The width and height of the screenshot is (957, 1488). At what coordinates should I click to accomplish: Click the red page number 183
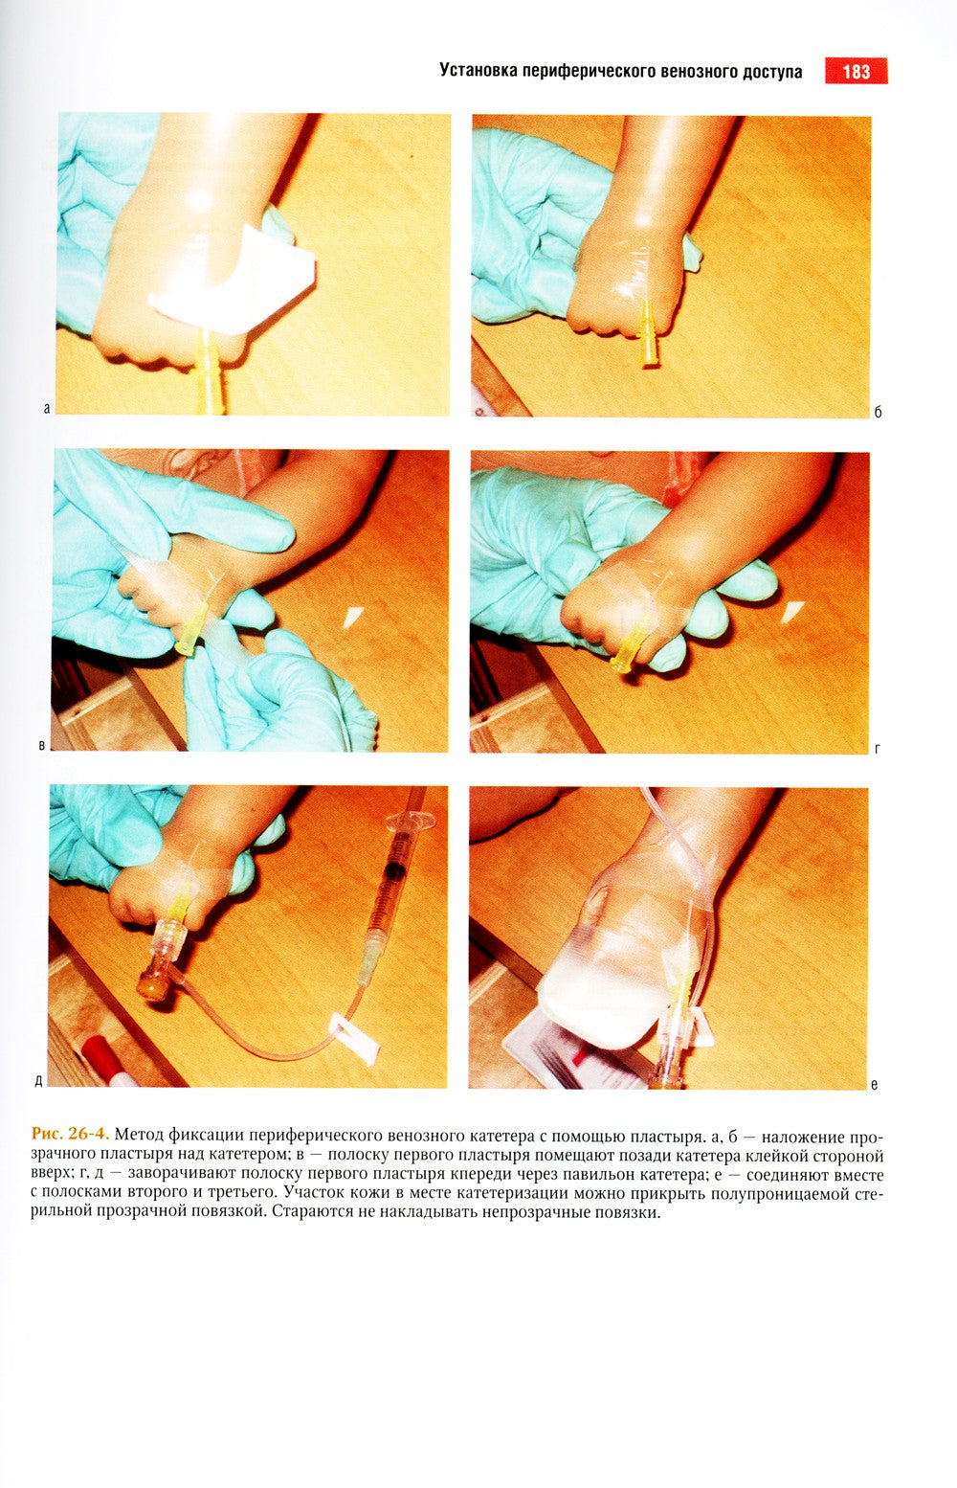coord(857,71)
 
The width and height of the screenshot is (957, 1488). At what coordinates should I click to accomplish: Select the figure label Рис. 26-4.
coord(71,1133)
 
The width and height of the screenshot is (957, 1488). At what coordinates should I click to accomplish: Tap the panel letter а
coord(47,409)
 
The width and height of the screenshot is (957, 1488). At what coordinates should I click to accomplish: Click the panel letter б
coord(878,412)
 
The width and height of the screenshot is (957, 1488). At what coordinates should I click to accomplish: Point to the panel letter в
coord(41,745)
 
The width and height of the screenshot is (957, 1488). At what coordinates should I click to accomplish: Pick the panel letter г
coord(878,749)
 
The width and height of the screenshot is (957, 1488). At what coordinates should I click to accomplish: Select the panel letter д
coord(38,1082)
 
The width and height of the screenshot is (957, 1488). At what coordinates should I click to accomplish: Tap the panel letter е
coord(875,1085)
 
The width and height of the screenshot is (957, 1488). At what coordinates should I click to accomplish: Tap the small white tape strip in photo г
coord(793,611)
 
